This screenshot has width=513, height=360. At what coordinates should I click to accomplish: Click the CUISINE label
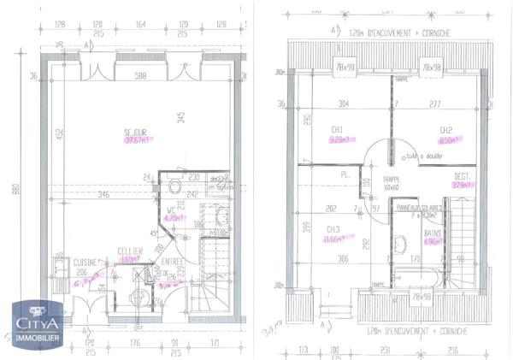(x=84, y=262)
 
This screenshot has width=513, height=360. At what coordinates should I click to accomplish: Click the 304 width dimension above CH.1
(x=321, y=104)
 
